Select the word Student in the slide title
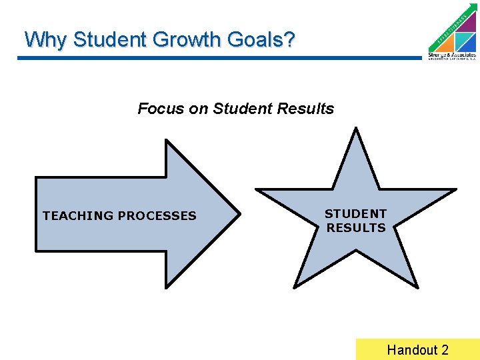coord(111,40)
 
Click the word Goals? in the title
coord(261,40)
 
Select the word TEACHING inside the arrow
coord(78,215)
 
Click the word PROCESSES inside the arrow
coord(157,215)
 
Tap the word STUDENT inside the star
coord(355,214)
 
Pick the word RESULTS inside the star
coord(356,228)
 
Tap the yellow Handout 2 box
coord(417,349)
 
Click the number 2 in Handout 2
coord(445,349)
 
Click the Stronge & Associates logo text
coord(452,55)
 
